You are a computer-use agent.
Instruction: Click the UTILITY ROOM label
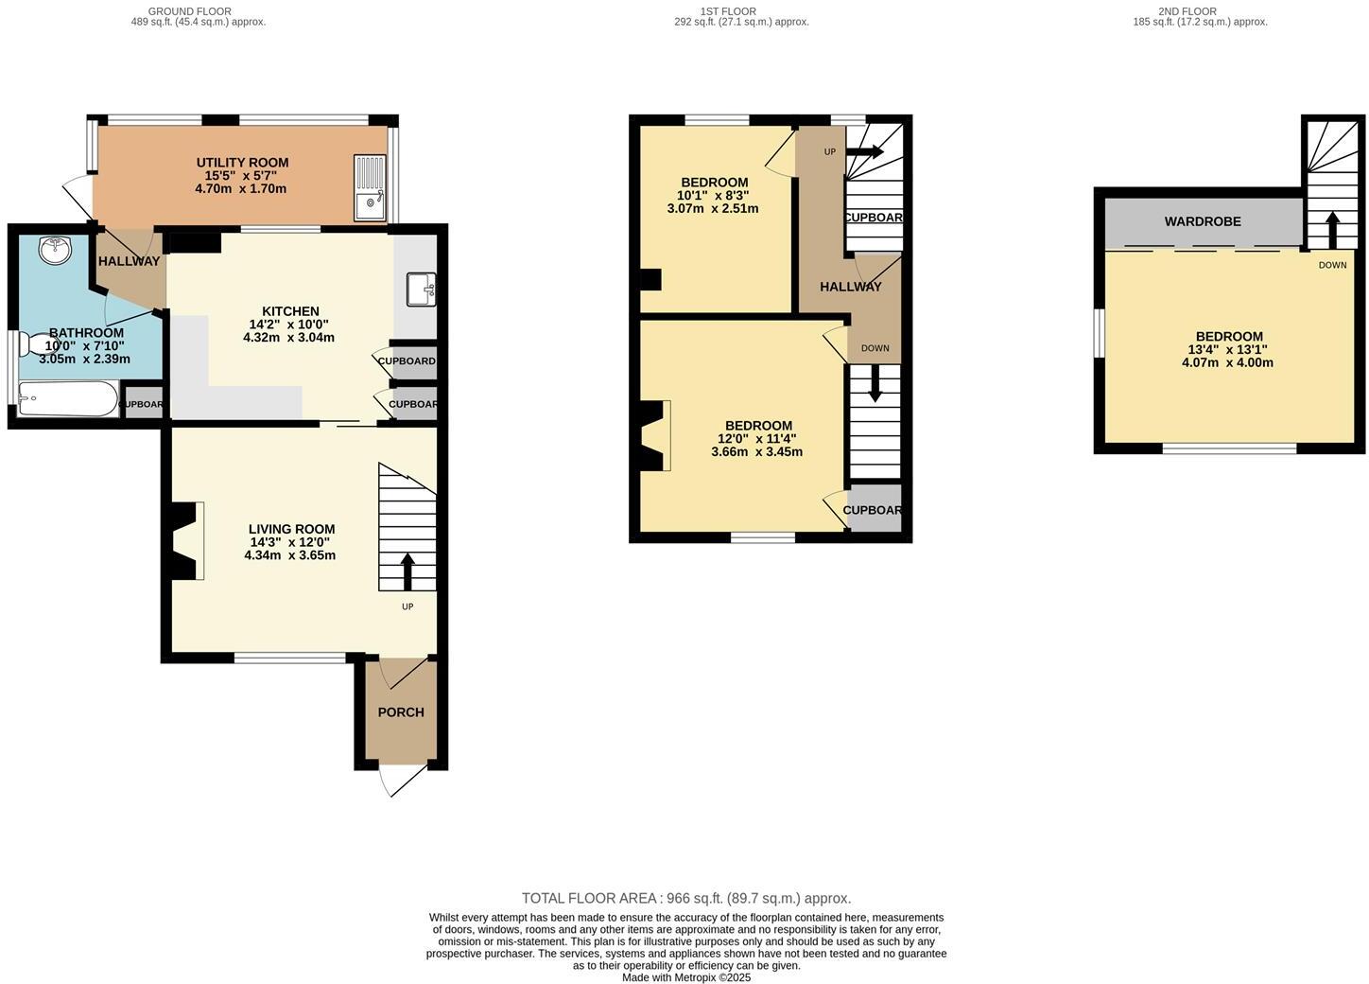pyautogui.click(x=242, y=163)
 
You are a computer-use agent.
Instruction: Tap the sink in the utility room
pyautogui.click(x=370, y=187)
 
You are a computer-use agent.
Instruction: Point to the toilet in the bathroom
pyautogui.click(x=42, y=342)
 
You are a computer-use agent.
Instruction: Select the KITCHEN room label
pyautogui.click(x=290, y=311)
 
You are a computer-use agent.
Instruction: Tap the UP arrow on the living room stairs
pyautogui.click(x=407, y=571)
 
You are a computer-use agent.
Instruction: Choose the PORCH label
pyautogui.click(x=401, y=712)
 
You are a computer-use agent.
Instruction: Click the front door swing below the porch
pyautogui.click(x=399, y=781)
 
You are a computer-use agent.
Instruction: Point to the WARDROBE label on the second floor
pyautogui.click(x=1203, y=221)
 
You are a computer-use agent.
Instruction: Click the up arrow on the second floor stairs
pyautogui.click(x=1332, y=229)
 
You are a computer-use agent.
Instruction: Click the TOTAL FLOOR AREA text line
pyautogui.click(x=686, y=899)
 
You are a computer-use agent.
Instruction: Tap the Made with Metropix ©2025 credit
pyautogui.click(x=686, y=977)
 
